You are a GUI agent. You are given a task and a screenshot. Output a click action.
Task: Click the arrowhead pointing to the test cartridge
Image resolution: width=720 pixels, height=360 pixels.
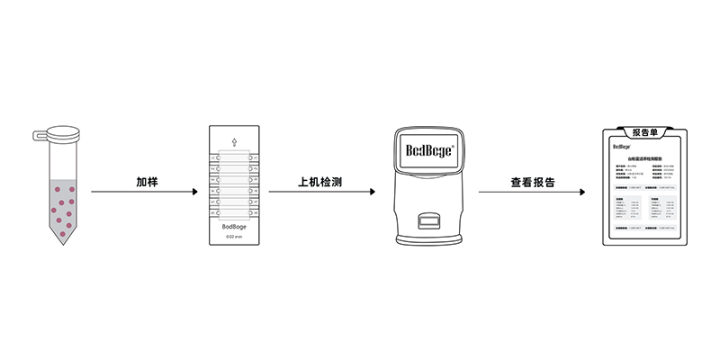pos(193,192)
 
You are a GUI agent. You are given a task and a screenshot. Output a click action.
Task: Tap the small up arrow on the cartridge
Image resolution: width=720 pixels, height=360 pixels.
pos(234,142)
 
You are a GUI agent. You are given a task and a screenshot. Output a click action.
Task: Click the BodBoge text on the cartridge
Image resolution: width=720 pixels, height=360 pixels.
pos(234,226)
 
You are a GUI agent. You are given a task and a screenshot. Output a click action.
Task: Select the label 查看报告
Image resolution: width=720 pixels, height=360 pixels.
pos(533,181)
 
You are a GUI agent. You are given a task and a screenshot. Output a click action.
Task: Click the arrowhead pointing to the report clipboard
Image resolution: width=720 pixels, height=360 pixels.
pos(588,192)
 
